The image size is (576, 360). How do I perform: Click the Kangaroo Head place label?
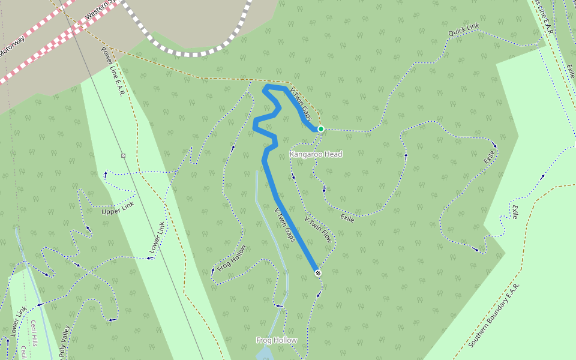point(316,154)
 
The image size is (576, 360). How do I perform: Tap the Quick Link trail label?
point(464,30)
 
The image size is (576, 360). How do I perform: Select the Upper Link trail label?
point(118,208)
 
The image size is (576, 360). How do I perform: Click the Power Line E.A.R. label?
point(111,73)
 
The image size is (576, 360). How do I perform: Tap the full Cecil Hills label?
point(35,334)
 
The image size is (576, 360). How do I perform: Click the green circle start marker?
point(321,129)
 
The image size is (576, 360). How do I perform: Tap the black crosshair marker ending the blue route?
point(318,273)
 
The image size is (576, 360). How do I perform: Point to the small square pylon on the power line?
point(123,155)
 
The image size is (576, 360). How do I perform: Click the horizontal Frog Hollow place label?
point(277,340)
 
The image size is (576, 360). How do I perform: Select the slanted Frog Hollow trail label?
point(232,259)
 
